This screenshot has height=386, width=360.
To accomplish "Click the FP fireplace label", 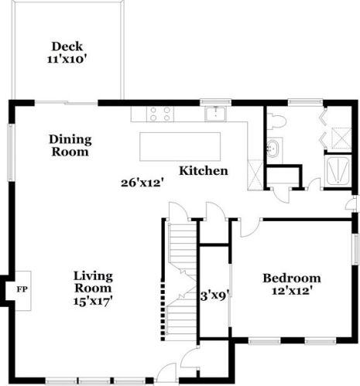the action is tap(22, 289).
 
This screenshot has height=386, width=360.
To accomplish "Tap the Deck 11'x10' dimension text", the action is tap(66, 60).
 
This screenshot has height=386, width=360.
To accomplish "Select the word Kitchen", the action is tap(204, 171).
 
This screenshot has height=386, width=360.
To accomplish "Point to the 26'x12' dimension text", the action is tap(142, 183).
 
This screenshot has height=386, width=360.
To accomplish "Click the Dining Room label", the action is tap(70, 145).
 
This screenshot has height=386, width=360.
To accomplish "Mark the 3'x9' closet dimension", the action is tap(215, 296).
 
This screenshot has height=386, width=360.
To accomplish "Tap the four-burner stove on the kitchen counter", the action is tap(160, 114).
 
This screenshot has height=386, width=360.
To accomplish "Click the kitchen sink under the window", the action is tap(215, 114).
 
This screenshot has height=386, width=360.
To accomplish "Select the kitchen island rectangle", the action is tap(180, 147).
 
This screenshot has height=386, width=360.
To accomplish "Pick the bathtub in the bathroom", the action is tap(338, 170).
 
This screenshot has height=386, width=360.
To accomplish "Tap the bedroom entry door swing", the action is tap(249, 228).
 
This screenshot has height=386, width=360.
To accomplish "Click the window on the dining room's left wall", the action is tap(11, 152).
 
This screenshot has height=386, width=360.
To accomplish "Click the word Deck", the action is tap(67, 46).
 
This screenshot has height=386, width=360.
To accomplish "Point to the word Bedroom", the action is tap(292, 278).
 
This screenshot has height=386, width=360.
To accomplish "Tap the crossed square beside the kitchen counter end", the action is tap(255, 175).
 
